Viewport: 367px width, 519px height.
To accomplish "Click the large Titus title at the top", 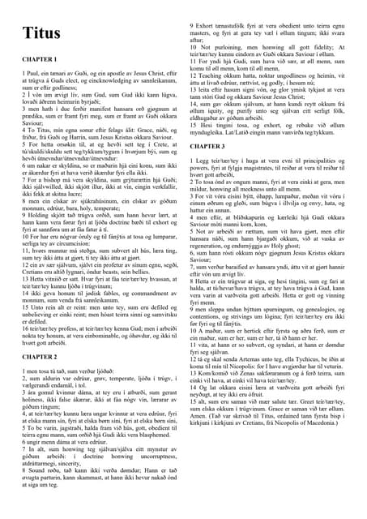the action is tap(40, 33).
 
